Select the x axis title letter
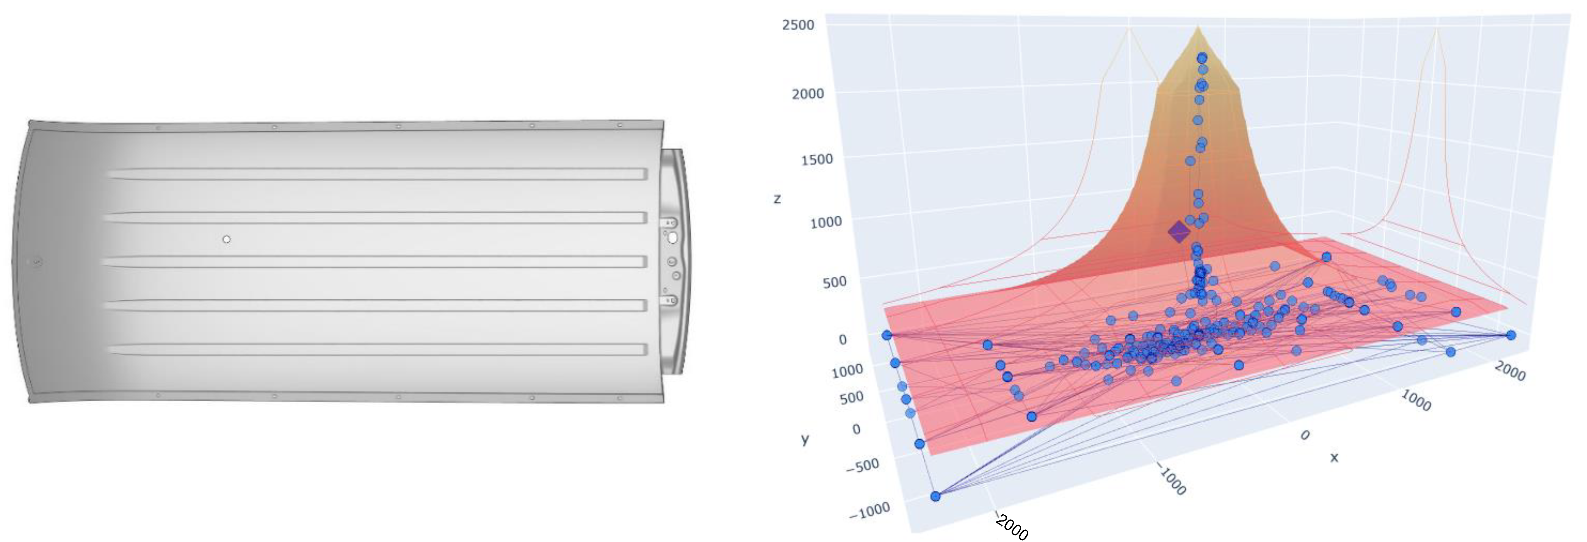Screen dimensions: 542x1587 pos(1334,457)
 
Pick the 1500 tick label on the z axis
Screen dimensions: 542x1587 pos(816,160)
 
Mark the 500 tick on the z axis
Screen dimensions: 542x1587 pos(834,282)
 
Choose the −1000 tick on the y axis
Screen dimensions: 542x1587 pos(869,511)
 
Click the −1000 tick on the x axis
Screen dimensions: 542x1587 pos(1172,481)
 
